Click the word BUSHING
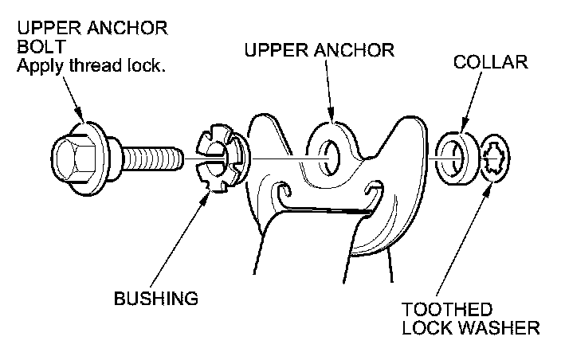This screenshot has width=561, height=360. click(x=155, y=299)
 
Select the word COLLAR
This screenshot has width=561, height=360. click(x=490, y=62)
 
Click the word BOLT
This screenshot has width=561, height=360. click(x=38, y=48)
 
